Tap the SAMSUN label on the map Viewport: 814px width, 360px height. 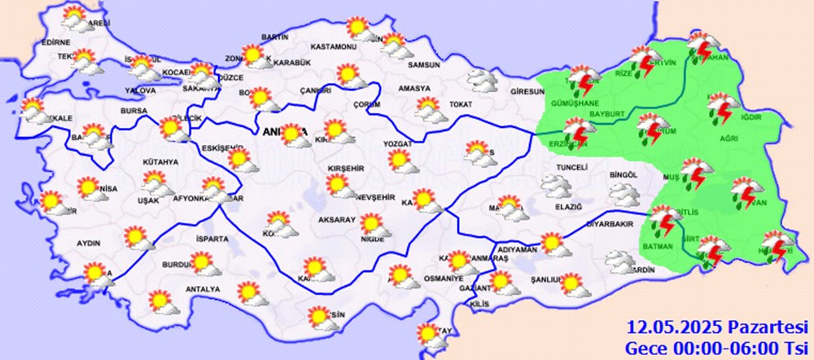(x=423, y=64)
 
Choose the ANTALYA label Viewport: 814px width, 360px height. (x=203, y=290)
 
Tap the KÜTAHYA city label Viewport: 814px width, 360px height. (x=160, y=162)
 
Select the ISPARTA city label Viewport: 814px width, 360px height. (x=214, y=239)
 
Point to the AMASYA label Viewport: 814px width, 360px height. (x=414, y=88)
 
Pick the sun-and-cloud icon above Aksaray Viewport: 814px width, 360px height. (x=340, y=187)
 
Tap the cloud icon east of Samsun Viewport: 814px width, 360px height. (x=482, y=80)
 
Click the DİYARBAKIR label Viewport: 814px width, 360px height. (x=609, y=222)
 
